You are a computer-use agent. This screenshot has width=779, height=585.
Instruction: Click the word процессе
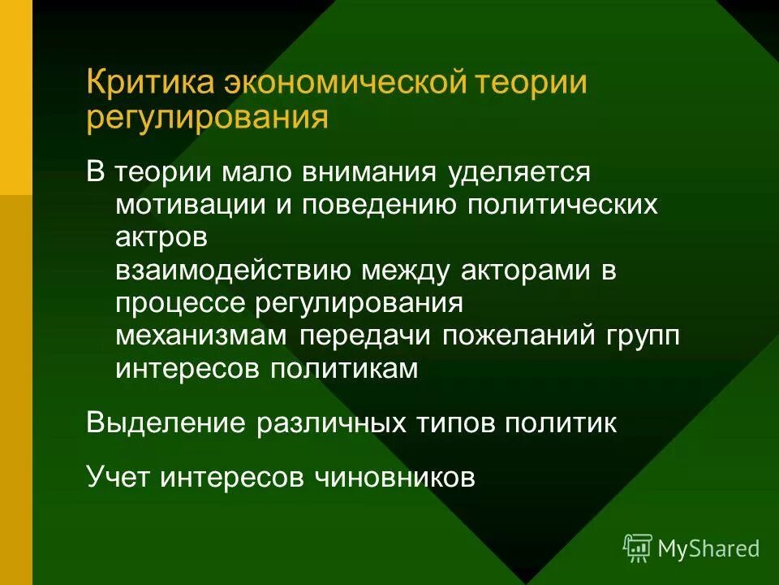pyautogui.click(x=181, y=305)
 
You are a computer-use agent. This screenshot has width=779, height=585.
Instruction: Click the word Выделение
pyautogui.click(x=166, y=423)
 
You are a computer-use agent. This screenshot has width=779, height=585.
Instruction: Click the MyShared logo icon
pyautogui.click(x=638, y=548)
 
